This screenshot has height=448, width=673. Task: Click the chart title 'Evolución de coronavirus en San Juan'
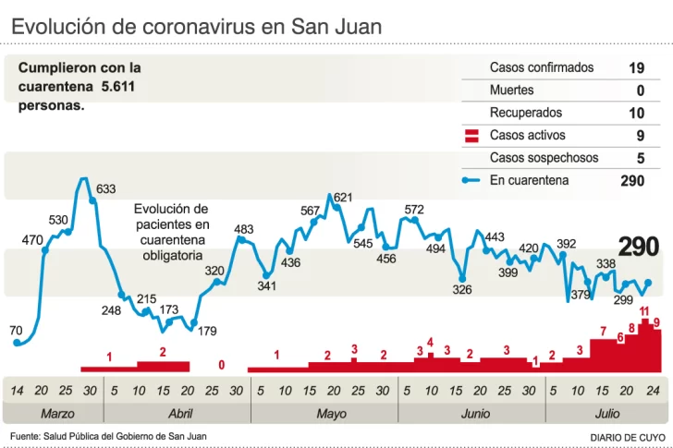coord(196,26)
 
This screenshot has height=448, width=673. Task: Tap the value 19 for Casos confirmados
coord(636,68)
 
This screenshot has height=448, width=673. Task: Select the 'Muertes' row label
coord(511,91)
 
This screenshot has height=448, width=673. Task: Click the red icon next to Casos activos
coord(471,136)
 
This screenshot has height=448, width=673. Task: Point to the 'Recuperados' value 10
coord(636,114)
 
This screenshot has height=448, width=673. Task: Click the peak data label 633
coord(106,189)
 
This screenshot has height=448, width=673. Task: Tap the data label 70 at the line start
coord(17,330)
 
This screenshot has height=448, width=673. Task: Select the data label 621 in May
coord(343,197)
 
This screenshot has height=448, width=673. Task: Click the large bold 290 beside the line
coord(639,247)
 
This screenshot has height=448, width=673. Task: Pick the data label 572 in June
coord(414,210)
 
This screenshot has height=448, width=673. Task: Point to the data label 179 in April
coord(207,331)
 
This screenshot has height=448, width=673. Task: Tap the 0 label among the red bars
coord(222,365)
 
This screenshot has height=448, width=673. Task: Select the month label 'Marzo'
coord(57,414)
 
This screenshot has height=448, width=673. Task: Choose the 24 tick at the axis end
coord(652,391)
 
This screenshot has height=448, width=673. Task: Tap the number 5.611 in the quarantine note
coord(119,86)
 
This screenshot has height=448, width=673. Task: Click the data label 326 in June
coord(462,290)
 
